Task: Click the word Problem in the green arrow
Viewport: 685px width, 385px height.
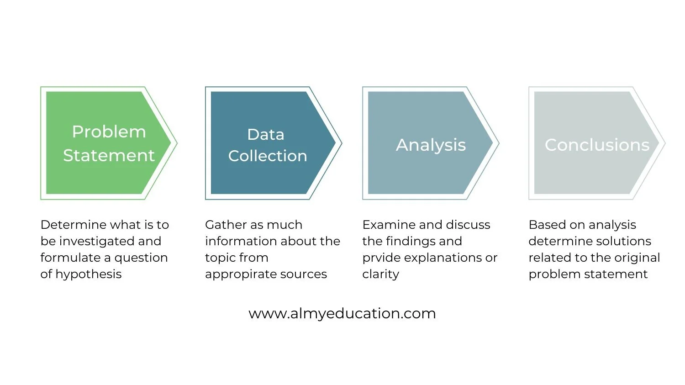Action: coord(109,132)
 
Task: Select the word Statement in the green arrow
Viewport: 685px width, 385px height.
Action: coord(109,156)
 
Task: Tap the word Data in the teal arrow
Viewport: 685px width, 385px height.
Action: coord(265,135)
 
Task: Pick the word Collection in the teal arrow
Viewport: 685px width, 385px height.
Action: coord(268,156)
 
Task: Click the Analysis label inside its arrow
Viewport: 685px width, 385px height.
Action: coord(431,145)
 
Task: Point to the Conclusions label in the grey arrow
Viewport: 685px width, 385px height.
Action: coord(596,145)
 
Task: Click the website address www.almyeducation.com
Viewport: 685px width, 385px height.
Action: coord(342,314)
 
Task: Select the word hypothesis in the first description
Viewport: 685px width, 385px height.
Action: coord(89,274)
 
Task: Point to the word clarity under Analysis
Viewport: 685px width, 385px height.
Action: coord(380,274)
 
